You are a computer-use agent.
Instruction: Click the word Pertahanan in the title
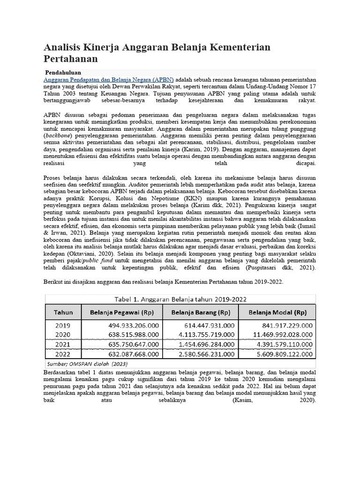coord(71,59)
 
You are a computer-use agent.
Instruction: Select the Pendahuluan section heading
coord(63,73)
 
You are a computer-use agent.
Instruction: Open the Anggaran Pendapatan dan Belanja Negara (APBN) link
coord(109,80)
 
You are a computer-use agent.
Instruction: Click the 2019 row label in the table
coord(63,325)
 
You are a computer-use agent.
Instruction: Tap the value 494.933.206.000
coord(133,325)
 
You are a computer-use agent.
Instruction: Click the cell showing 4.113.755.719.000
coord(206,335)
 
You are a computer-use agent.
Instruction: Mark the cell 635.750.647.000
coord(133,344)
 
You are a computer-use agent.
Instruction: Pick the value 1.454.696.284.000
coord(206,344)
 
